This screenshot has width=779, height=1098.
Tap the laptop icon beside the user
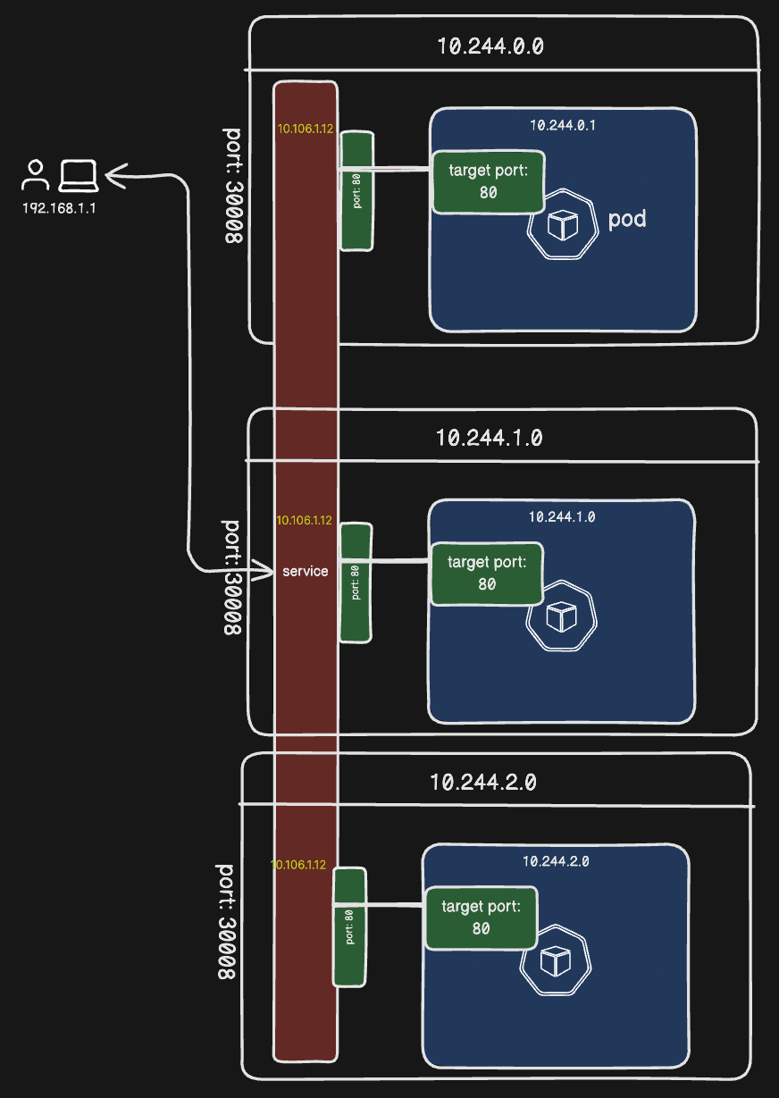[78, 175]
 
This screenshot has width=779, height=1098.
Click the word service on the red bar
[306, 571]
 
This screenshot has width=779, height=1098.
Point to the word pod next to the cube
[626, 219]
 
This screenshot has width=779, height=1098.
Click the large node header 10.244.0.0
[490, 46]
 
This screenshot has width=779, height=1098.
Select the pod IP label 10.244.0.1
[563, 125]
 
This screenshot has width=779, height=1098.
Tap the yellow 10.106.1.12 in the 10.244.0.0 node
[306, 129]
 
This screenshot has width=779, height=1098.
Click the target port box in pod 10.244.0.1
[488, 181]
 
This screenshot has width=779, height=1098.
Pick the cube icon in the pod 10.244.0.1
[562, 225]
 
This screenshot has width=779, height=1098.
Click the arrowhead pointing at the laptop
[113, 175]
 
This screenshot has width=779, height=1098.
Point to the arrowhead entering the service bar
[264, 569]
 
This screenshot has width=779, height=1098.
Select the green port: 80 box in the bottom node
[350, 926]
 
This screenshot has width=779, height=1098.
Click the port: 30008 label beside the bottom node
[226, 920]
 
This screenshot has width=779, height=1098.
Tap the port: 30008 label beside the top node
[231, 188]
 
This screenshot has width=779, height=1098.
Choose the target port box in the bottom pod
[481, 918]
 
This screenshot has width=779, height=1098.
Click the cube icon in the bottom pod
[555, 963]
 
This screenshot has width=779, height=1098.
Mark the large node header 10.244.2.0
[483, 783]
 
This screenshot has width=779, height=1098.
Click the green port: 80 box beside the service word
[356, 583]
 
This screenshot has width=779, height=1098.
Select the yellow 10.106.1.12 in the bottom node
[298, 865]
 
